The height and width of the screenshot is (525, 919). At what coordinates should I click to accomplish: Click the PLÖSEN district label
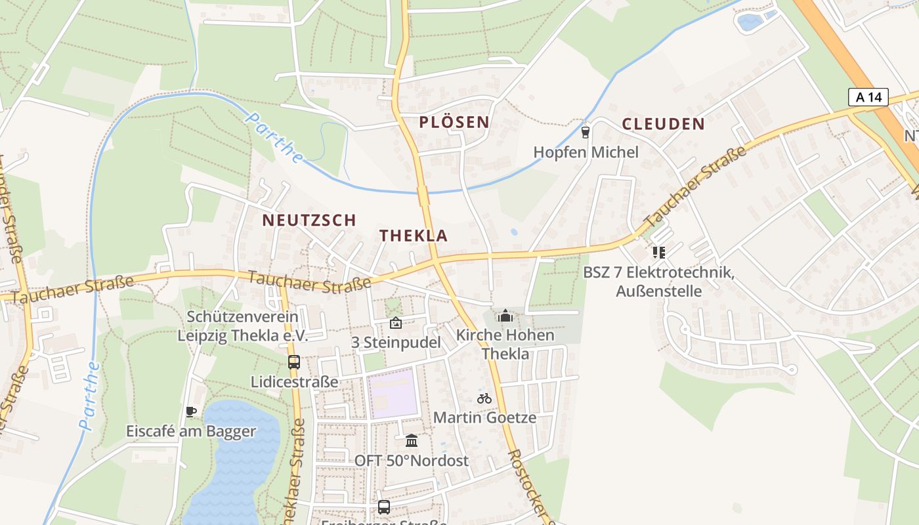[454, 122]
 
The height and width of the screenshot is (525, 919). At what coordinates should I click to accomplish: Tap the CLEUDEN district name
[663, 124]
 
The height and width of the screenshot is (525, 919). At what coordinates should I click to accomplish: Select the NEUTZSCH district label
[309, 220]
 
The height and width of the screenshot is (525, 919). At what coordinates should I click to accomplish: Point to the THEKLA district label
[414, 236]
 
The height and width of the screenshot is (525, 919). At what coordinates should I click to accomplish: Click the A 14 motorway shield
[868, 98]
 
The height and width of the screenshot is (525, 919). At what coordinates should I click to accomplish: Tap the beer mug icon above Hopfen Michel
[586, 133]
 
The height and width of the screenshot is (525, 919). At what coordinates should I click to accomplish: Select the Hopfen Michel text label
[586, 152]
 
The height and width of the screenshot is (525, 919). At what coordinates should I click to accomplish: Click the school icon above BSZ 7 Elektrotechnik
[658, 252]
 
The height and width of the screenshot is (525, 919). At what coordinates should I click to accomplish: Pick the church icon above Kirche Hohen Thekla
[505, 316]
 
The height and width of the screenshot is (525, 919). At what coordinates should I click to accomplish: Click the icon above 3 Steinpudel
[395, 323]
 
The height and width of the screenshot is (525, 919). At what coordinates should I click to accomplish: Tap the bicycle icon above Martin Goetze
[484, 398]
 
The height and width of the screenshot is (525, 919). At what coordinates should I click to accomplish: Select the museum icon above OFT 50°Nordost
[412, 440]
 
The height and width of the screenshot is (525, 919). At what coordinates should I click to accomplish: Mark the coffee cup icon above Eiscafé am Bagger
[191, 411]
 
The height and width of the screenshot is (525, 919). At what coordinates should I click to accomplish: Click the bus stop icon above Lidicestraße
[294, 362]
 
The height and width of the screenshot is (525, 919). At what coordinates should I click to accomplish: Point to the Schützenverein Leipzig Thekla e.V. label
[243, 326]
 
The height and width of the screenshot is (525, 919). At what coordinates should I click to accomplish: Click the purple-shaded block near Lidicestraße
[392, 394]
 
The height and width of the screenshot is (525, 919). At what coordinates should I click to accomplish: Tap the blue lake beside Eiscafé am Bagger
[236, 453]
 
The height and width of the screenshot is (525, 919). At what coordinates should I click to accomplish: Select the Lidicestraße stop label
[294, 382]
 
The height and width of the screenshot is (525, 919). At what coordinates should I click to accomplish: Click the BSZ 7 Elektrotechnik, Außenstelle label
[658, 282]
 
